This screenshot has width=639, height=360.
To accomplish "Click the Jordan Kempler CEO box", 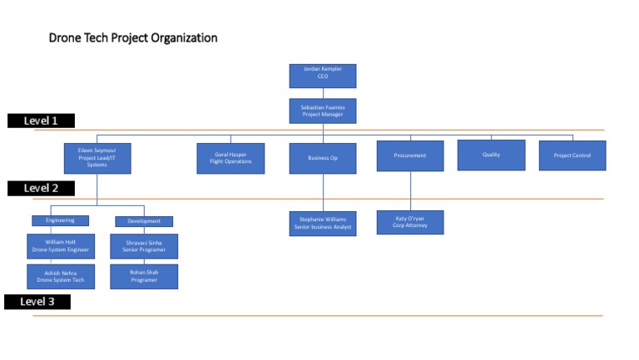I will [x=322, y=76].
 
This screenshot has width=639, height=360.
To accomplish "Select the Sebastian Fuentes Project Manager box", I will [x=322, y=111].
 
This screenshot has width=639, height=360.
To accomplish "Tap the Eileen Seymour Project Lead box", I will [x=97, y=158].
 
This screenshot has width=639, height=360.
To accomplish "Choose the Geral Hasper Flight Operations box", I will [x=230, y=158].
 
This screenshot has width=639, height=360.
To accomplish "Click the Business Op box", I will [x=322, y=158].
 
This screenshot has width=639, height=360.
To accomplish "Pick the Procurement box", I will [x=409, y=155].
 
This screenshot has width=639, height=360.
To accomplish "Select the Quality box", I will [x=491, y=155].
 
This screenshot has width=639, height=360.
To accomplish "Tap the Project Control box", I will [x=572, y=155].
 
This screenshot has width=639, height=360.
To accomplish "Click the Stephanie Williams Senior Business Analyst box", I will [x=322, y=223].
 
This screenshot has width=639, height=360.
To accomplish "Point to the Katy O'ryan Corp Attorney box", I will [x=409, y=222].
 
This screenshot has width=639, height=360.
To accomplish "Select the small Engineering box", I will [x=60, y=220].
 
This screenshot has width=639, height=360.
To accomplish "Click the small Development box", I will [x=143, y=221].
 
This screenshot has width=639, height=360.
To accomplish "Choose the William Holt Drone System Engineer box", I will [x=61, y=246].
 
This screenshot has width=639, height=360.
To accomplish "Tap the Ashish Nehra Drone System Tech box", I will [x=61, y=276].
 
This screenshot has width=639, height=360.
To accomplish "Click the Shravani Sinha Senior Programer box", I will [x=143, y=246].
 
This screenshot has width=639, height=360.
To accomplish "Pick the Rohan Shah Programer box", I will [x=143, y=276].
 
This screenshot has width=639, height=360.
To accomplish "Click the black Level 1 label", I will [x=41, y=121].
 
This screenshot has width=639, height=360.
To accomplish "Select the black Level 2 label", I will [x=41, y=188].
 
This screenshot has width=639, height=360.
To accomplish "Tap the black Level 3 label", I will [x=37, y=301].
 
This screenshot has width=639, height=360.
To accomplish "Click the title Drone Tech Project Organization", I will [x=133, y=38].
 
